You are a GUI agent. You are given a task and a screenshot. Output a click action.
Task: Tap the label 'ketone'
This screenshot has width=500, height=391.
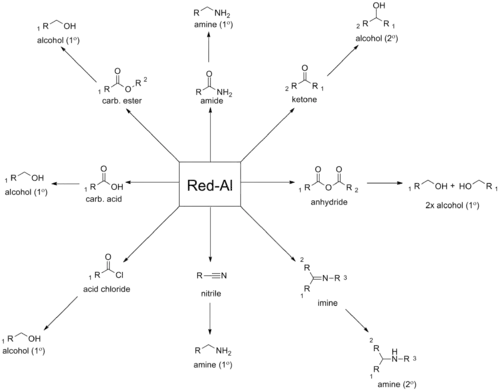304,99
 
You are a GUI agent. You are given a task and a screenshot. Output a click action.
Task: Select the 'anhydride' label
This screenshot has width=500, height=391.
329,202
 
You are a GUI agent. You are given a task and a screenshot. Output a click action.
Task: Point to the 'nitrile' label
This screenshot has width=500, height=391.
211,294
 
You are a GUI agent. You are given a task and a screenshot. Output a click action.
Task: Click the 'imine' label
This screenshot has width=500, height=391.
327,303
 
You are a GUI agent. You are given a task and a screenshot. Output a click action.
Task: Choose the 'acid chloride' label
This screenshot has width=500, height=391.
107,289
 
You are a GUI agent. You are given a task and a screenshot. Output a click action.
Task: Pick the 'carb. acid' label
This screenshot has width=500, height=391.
104,199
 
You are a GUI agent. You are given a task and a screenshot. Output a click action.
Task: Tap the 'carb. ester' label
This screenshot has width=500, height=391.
122,101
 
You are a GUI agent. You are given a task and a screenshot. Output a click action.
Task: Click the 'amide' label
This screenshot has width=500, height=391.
212,101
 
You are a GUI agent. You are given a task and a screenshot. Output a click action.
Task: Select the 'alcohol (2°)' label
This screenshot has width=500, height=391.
377,39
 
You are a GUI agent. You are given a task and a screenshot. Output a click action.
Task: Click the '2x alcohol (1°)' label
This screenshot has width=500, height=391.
452,205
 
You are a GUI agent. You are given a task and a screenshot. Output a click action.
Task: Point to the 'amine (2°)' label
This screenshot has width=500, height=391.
397,384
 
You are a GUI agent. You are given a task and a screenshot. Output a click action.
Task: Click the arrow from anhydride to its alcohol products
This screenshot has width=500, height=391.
385,183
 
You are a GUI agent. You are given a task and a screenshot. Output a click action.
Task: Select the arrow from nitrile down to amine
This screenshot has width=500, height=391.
210,318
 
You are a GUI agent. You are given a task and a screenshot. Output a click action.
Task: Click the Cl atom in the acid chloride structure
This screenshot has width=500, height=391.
119,275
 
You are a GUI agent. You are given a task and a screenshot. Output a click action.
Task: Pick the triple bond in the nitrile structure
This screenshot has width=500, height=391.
212,276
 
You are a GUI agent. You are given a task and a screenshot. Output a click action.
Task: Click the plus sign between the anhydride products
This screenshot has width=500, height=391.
452,186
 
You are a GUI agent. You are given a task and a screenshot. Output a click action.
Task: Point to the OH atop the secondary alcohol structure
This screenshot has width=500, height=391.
379,6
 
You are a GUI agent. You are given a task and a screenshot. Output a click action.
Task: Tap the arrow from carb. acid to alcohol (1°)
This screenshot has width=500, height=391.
65,183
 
